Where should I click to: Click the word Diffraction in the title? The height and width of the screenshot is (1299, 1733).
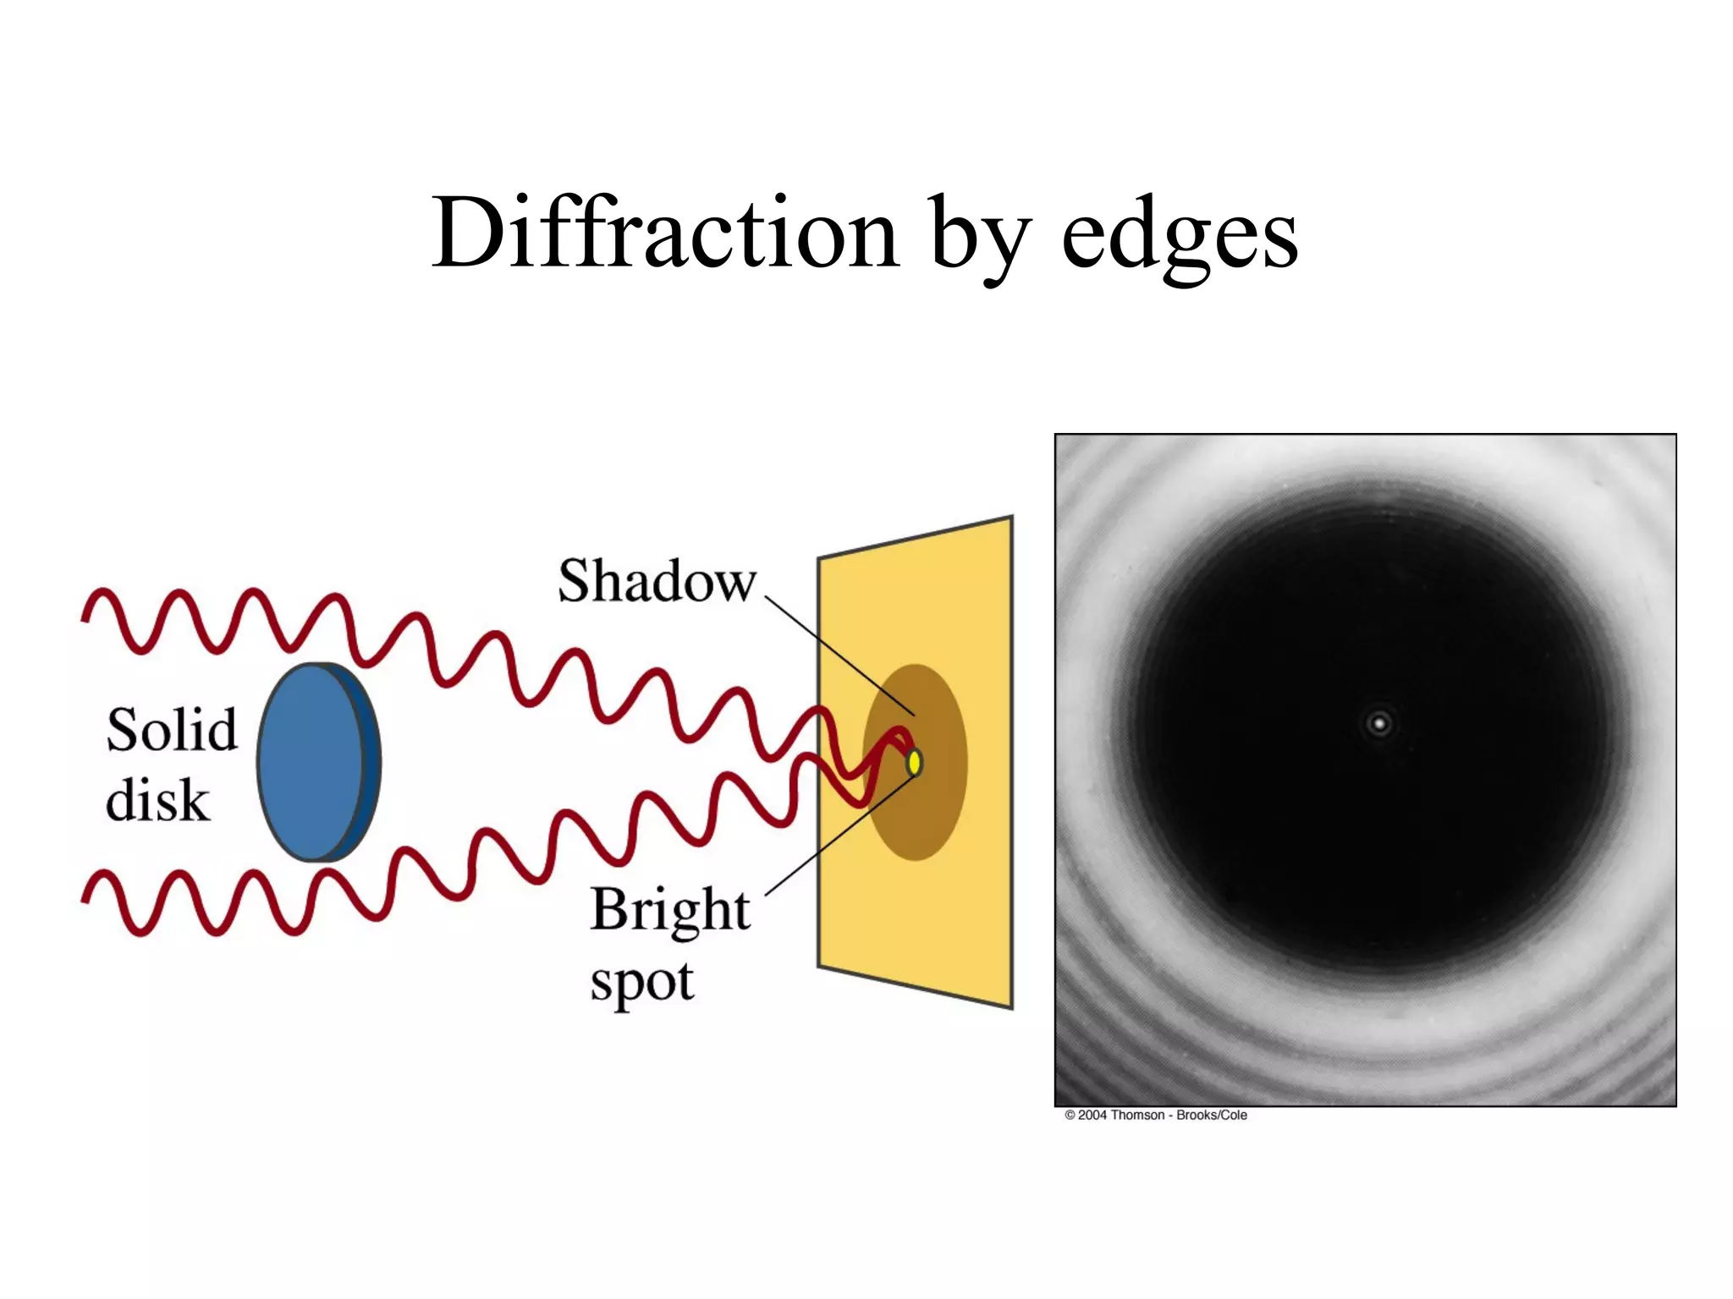point(664,233)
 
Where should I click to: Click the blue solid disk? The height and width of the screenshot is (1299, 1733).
point(309,761)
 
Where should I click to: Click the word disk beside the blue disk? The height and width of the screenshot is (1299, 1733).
point(157,800)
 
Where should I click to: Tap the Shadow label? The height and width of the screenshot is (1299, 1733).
point(656,582)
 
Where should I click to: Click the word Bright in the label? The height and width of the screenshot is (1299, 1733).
point(669,911)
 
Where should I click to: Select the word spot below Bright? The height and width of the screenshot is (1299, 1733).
point(641,984)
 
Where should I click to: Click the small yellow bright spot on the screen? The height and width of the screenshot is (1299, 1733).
point(914,763)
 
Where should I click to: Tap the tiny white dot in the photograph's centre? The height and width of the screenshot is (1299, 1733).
point(1379,724)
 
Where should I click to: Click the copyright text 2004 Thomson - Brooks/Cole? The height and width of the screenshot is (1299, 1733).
point(1155,1115)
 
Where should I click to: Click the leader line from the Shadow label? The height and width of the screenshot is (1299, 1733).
point(838,655)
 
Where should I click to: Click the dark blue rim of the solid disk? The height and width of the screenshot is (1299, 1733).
point(369,761)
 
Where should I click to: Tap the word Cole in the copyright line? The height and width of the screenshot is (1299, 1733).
point(1233,1115)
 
